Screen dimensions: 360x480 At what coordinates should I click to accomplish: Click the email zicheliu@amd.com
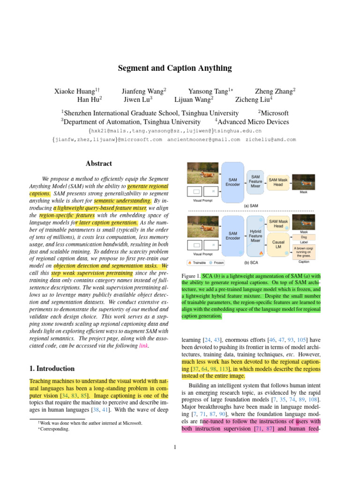270,139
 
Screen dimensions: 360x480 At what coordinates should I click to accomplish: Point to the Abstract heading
98,164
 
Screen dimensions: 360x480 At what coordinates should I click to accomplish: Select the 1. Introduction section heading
52,368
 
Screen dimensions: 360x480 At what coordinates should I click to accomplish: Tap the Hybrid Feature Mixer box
255,235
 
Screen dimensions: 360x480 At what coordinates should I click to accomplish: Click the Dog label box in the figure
304,237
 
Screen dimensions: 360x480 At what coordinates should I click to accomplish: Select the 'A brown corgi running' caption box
304,251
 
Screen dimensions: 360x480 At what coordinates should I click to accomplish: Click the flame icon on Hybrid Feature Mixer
261,253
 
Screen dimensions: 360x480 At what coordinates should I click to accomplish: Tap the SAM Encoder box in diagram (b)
232,236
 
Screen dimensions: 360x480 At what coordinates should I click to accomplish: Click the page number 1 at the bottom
174,447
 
